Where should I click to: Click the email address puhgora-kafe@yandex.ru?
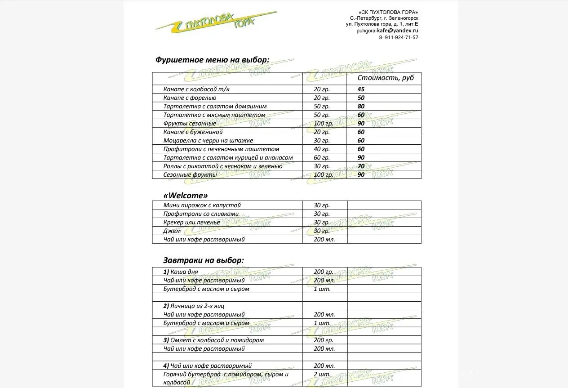[387, 31]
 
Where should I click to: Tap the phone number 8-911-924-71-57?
[399, 37]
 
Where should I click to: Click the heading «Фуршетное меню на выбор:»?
[212, 60]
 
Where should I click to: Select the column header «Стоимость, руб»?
[385, 78]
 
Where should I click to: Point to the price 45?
[361, 89]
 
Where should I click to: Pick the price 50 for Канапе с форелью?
[361, 98]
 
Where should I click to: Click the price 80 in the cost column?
[361, 107]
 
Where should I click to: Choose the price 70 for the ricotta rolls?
[361, 166]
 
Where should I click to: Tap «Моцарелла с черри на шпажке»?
[208, 140]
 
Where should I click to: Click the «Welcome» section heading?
[186, 196]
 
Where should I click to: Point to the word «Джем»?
[172, 231]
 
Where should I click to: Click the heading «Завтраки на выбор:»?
[204, 260]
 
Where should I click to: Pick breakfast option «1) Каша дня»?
[181, 272]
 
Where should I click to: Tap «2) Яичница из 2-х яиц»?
[194, 306]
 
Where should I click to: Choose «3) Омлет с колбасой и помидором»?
[213, 340]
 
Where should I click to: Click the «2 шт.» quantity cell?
[322, 374]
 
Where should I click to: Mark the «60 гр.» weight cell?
[322, 158]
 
